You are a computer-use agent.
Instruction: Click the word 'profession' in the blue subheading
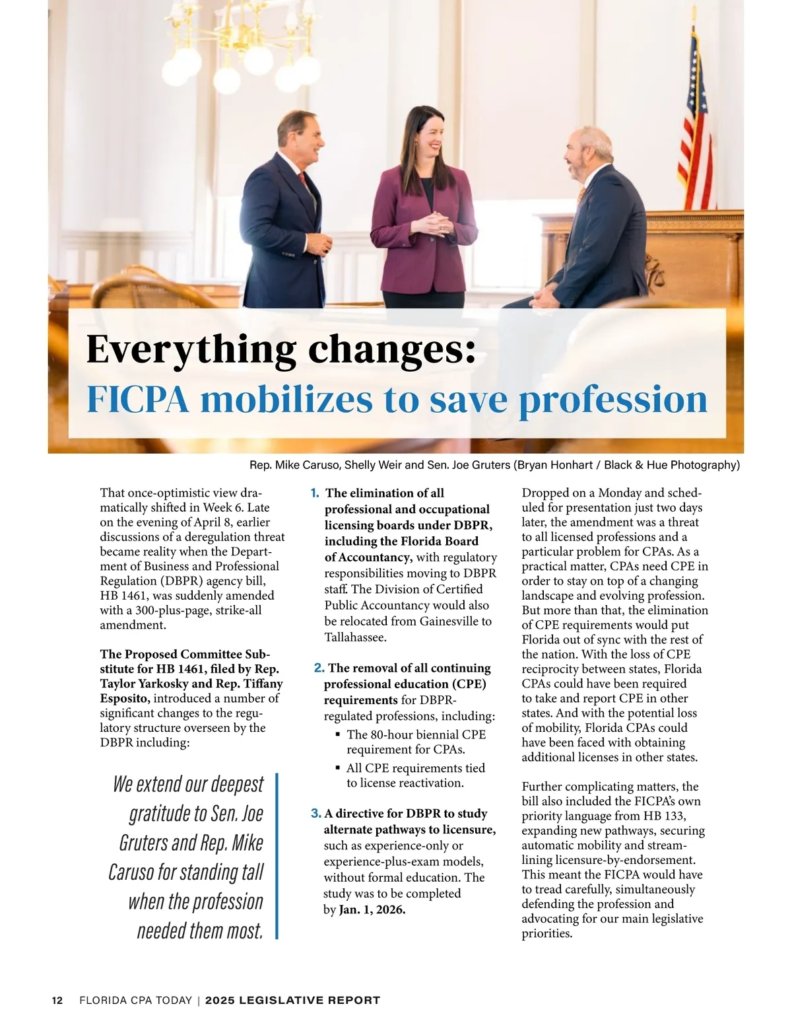[x=613, y=400]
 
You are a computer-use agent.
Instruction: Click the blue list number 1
[x=315, y=493]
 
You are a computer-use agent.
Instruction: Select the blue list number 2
[x=319, y=668]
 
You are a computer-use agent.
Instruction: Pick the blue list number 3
[x=315, y=814]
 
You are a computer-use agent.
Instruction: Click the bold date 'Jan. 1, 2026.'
[x=372, y=910]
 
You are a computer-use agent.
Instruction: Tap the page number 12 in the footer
[x=57, y=1001]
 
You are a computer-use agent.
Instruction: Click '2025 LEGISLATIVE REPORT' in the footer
[x=292, y=1001]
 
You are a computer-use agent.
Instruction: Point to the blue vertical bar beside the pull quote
[x=277, y=856]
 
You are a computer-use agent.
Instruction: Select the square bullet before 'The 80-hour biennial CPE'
[x=338, y=734]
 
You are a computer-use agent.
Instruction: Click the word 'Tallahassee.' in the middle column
[x=355, y=637]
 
